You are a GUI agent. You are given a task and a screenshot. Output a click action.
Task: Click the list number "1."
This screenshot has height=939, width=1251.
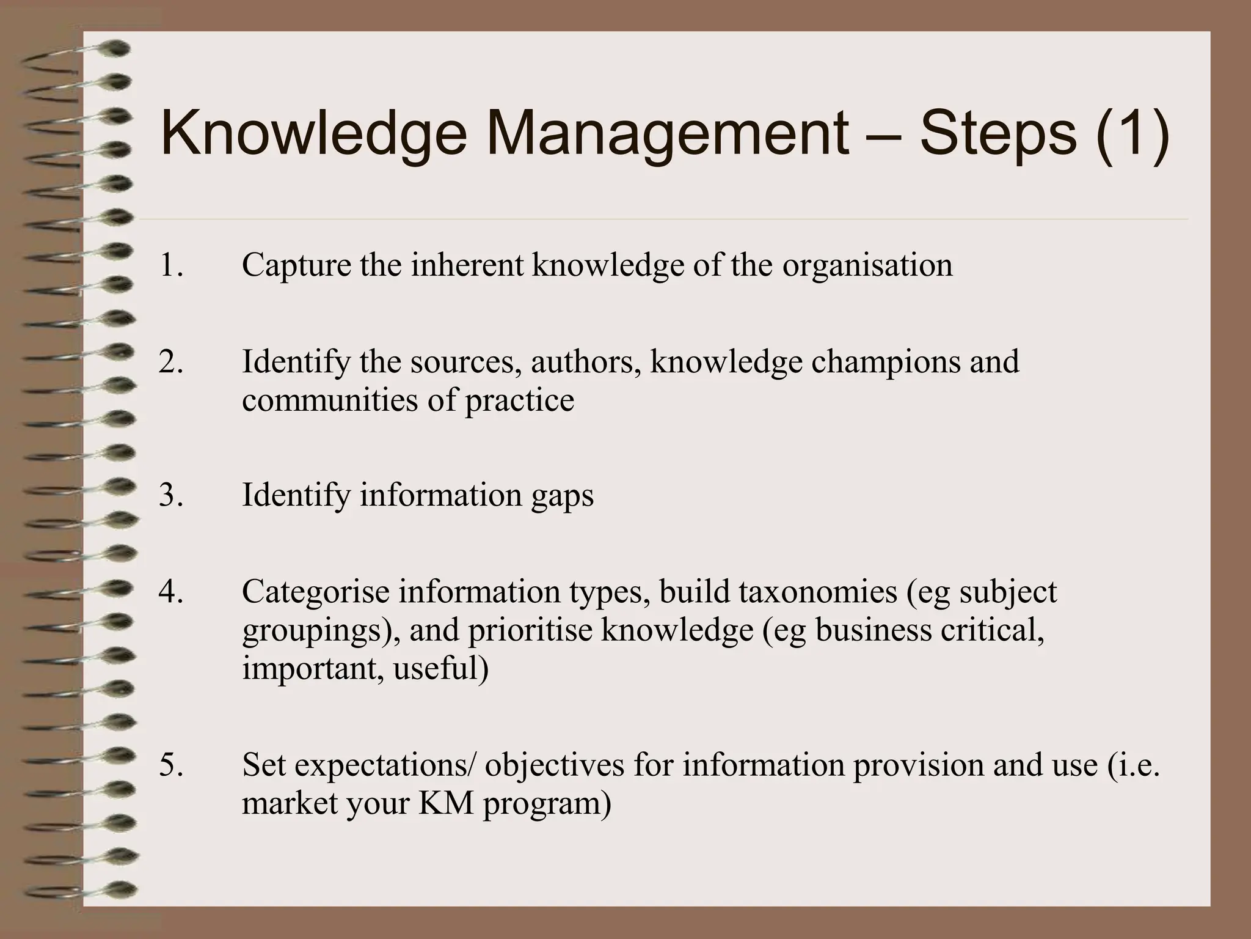click(171, 265)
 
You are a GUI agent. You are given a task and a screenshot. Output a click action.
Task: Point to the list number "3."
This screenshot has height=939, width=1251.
click(171, 495)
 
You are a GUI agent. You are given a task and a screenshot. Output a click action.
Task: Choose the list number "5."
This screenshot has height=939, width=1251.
click(171, 765)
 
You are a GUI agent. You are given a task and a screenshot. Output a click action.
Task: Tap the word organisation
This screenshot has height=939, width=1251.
click(867, 265)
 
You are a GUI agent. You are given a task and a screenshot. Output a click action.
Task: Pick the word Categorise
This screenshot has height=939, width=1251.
click(315, 592)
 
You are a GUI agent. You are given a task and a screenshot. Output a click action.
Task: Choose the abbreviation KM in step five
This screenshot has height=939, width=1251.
click(446, 803)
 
